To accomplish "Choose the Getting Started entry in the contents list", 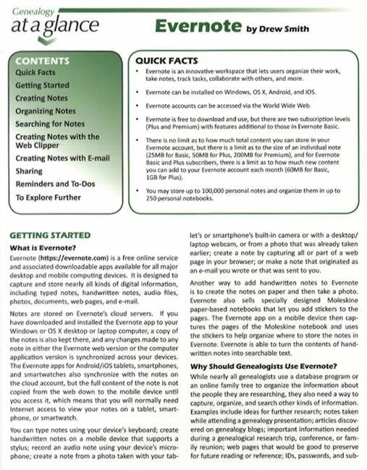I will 42,85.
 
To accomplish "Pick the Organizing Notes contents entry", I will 46,111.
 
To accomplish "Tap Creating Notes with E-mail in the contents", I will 62,158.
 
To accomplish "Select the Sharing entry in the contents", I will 29,171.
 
